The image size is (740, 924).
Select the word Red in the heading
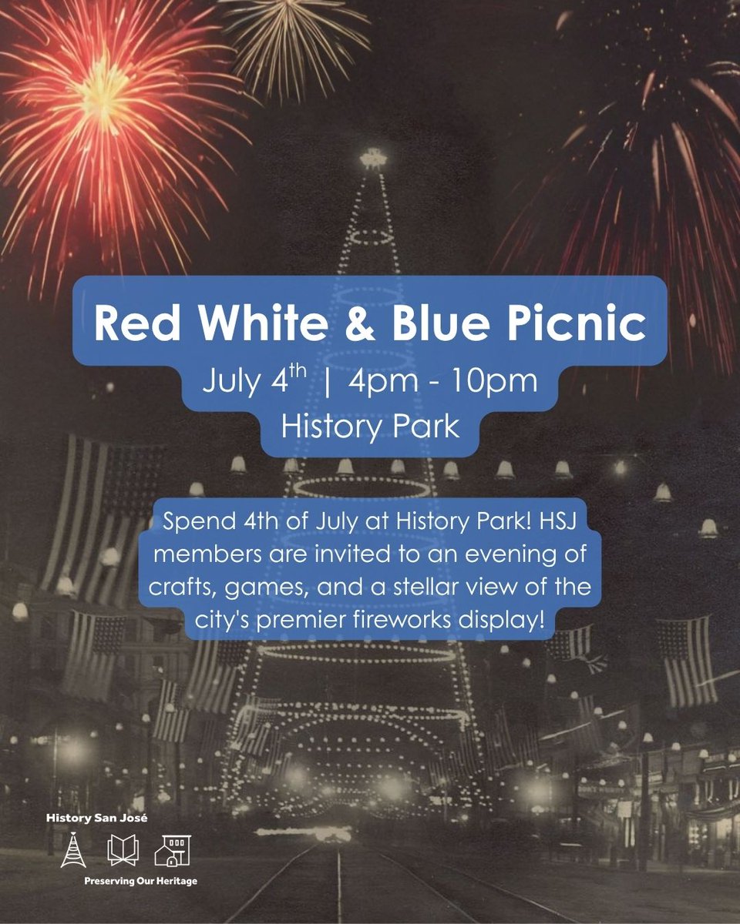133,326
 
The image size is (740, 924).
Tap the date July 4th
250,382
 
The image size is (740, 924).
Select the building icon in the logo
172,849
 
